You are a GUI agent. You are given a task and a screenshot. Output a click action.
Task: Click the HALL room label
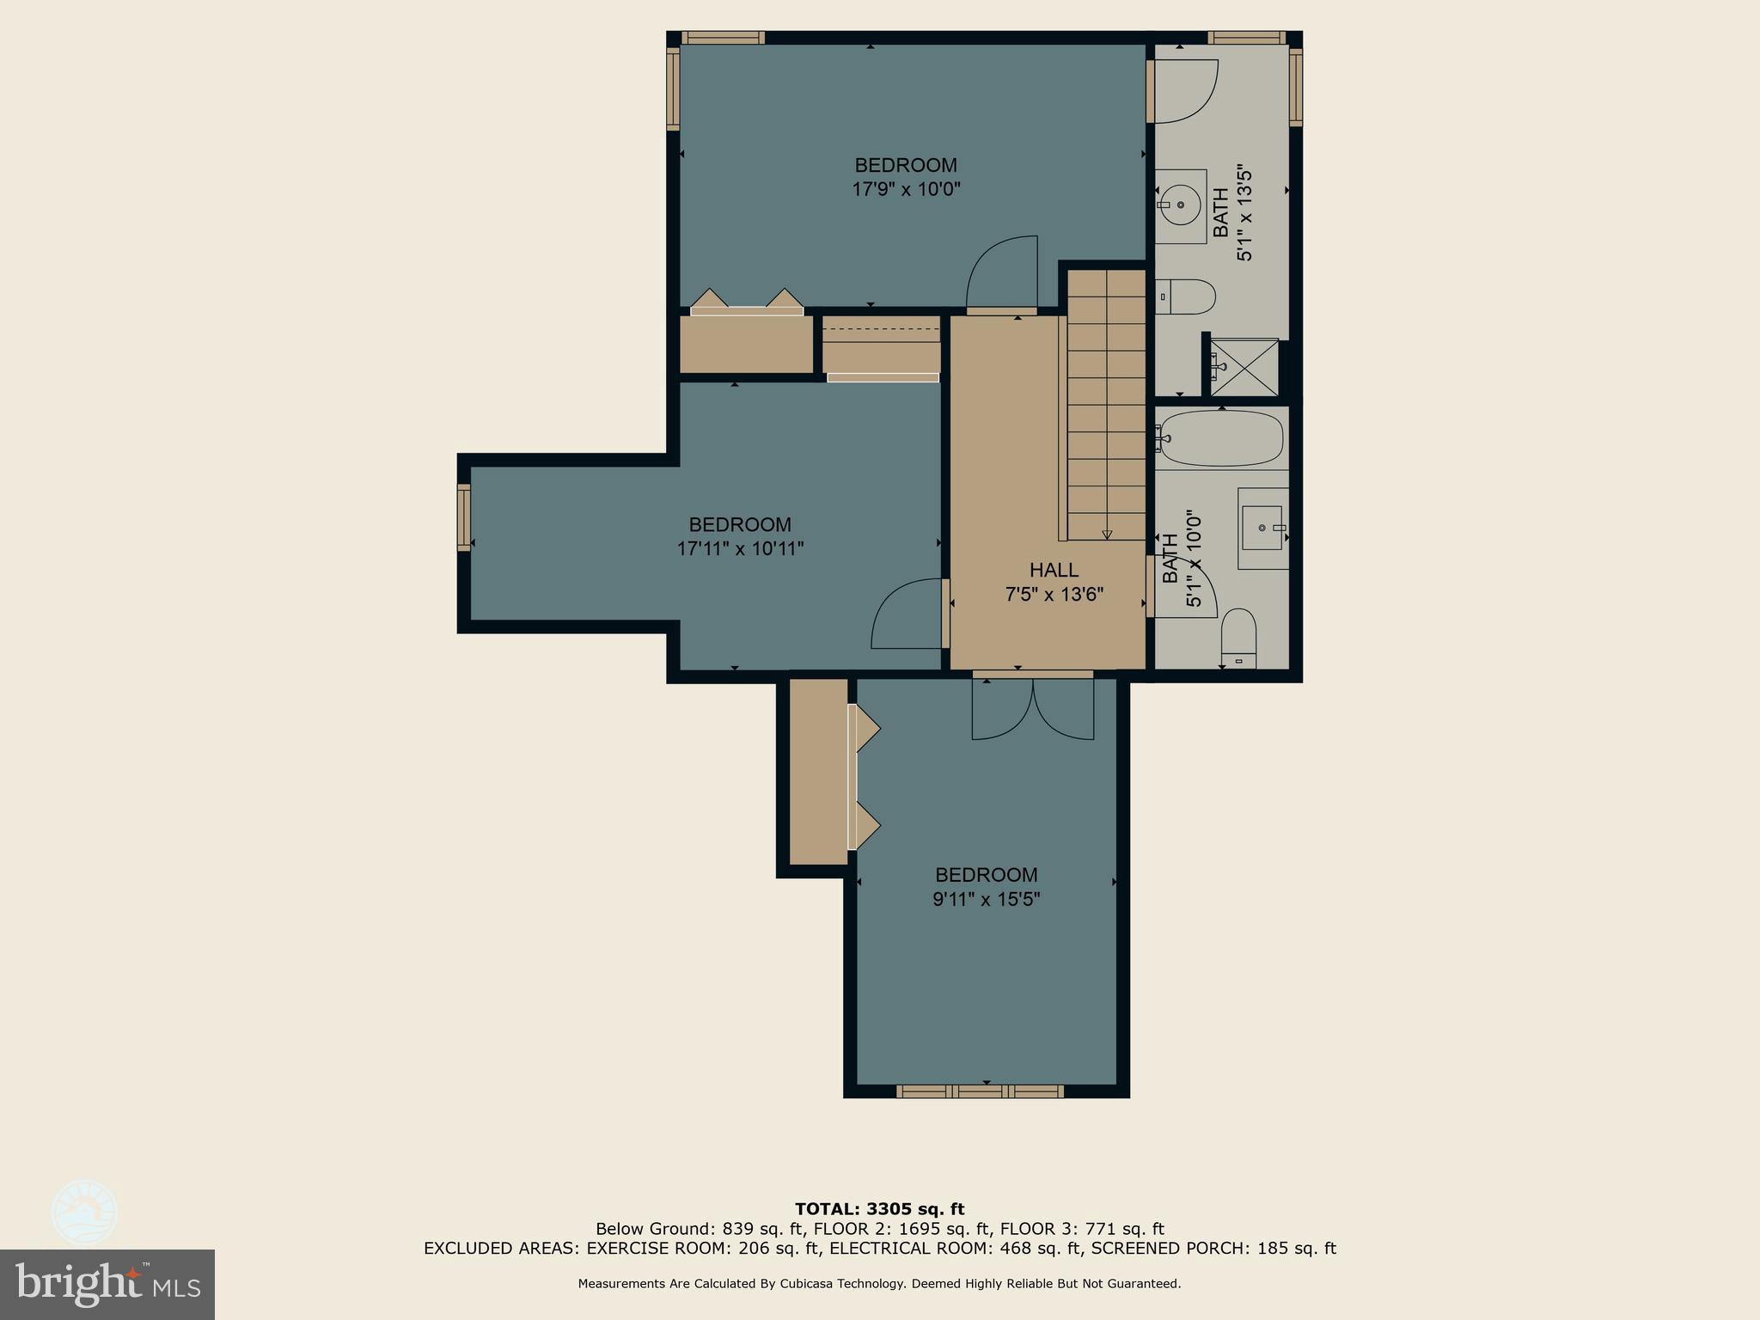(1054, 570)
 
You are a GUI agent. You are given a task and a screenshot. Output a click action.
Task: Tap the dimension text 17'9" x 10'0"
(906, 189)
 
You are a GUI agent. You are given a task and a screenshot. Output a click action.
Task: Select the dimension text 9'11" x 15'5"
(986, 899)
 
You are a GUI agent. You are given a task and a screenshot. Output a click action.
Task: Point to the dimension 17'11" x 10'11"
(740, 548)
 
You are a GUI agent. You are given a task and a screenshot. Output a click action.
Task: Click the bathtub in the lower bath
(1220, 438)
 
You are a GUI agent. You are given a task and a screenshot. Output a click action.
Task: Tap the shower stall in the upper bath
(1244, 367)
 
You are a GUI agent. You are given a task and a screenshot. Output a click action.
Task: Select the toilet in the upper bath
(1186, 297)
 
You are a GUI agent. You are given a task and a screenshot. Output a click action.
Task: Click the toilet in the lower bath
(1238, 638)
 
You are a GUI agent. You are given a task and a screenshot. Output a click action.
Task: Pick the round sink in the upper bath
(1181, 205)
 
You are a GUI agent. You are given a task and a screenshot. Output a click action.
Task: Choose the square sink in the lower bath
(1262, 528)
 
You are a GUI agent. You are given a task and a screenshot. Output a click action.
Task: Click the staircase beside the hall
(1106, 404)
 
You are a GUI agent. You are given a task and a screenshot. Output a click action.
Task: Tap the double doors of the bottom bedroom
(1033, 710)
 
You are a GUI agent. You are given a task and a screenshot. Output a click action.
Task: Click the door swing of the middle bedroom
(907, 615)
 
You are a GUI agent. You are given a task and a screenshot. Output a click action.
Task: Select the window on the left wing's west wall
(464, 517)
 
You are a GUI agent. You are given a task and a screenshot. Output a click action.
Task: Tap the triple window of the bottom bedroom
(980, 1091)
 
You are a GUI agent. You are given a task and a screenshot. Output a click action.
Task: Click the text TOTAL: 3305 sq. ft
(879, 1209)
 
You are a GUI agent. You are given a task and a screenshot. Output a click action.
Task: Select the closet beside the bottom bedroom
(818, 771)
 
